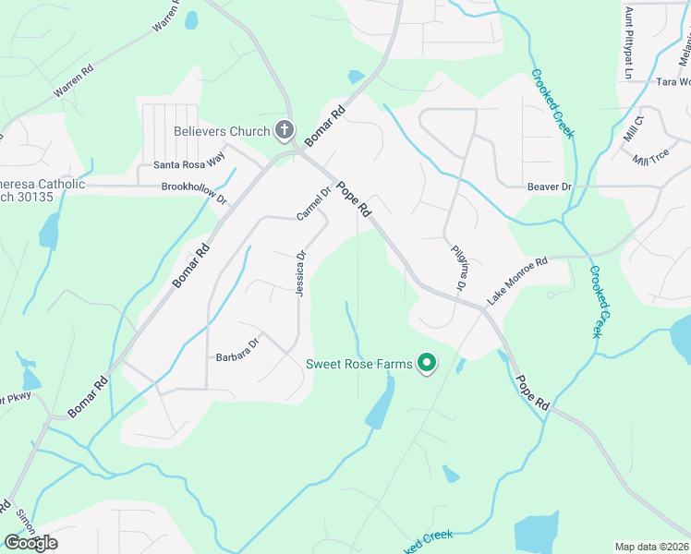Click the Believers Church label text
pyautogui.click(x=222, y=131)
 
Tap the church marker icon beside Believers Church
pyautogui.click(x=285, y=131)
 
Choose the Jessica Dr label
pyautogui.click(x=299, y=272)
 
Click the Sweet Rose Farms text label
pyautogui.click(x=359, y=364)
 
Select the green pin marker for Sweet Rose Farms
pyautogui.click(x=427, y=365)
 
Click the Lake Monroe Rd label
pyautogui.click(x=517, y=282)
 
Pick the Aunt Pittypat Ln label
pyautogui.click(x=629, y=42)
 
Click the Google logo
pyautogui.click(x=30, y=542)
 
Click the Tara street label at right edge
pyautogui.click(x=673, y=82)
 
